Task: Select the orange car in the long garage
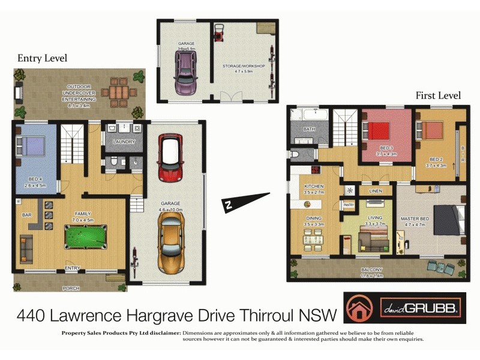[172, 244]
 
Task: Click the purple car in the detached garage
[185, 71]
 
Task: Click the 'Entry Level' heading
[42, 58]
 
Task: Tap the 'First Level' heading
[438, 95]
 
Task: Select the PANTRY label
[349, 205]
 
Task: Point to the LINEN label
[376, 191]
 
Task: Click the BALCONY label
[371, 270]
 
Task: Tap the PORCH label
[71, 288]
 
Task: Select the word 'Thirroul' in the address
[275, 314]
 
